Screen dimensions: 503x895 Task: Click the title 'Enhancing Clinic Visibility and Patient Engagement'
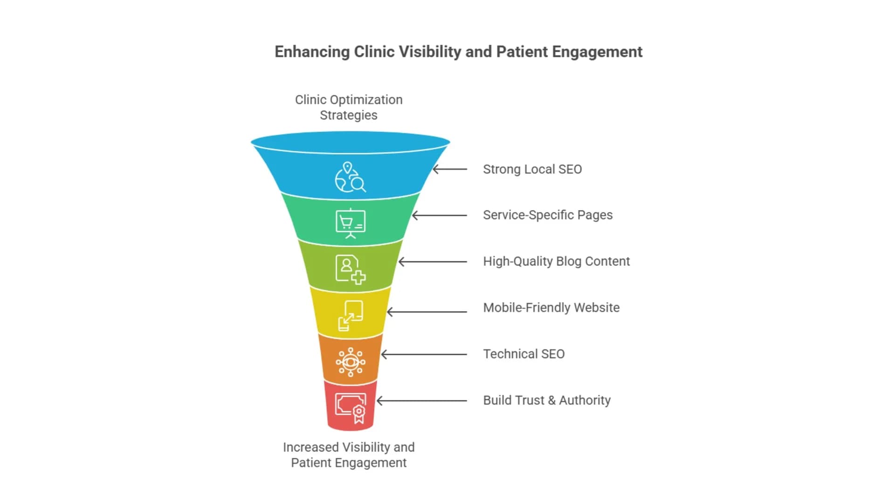point(458,52)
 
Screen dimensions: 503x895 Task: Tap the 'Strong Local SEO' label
point(532,169)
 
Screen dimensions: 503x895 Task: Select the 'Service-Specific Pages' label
point(548,215)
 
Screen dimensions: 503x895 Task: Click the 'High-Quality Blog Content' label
point(556,261)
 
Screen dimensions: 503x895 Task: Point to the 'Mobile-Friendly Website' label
point(551,308)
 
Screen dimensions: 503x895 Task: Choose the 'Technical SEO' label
point(523,354)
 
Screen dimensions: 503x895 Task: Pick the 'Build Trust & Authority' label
point(546,400)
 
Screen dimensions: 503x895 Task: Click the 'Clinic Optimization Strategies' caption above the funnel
point(349,107)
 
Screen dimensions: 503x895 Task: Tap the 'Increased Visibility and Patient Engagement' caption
point(349,455)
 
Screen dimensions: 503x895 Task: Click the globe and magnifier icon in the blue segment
point(350,177)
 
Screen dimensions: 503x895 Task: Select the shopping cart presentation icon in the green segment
point(351,223)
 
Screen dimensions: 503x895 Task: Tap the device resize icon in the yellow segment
point(351,315)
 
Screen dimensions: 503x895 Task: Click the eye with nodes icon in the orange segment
point(351,362)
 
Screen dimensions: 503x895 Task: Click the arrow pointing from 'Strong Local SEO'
point(450,169)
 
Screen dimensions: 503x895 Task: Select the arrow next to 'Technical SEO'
point(424,354)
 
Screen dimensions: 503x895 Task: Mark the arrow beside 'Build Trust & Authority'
point(421,401)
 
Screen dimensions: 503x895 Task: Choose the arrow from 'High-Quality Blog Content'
point(433,262)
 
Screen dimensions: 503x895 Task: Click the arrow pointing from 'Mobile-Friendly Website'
point(427,312)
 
